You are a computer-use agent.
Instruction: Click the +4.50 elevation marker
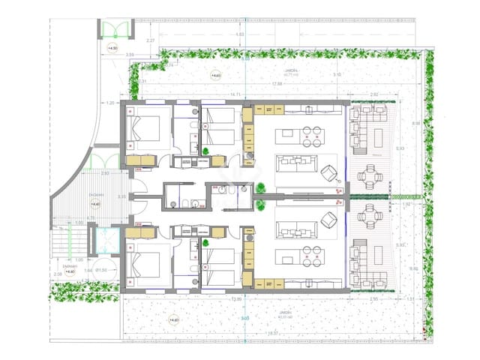(x=113, y=49)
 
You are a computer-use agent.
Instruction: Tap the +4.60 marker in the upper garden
(x=215, y=76)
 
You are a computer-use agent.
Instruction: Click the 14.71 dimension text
(x=235, y=94)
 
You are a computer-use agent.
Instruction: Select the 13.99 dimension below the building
(x=237, y=300)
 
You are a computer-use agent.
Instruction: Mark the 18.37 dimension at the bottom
(x=272, y=334)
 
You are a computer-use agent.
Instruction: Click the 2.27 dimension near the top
(x=150, y=40)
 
